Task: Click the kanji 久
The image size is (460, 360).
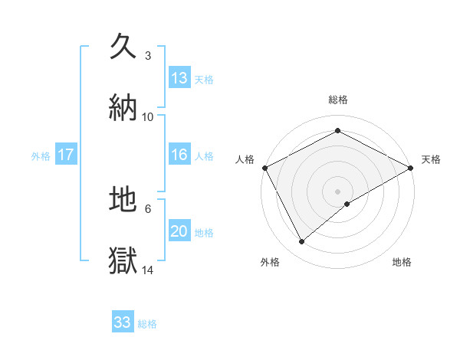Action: click(123, 46)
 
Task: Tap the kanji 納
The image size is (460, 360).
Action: click(123, 106)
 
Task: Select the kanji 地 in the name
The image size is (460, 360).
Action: click(123, 199)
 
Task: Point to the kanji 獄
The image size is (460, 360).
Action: click(123, 260)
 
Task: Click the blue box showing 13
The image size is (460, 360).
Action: click(179, 77)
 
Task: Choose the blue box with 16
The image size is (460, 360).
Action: click(179, 155)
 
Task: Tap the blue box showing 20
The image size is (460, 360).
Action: click(179, 231)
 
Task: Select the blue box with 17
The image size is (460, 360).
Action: click(66, 155)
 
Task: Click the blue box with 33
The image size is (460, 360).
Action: click(123, 322)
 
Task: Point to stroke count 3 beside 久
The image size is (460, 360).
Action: click(148, 56)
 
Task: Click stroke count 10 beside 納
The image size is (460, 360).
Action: click(148, 116)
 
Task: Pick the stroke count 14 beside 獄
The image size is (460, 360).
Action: click(148, 270)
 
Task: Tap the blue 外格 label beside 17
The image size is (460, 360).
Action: click(41, 155)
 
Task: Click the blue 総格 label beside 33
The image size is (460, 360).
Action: click(147, 324)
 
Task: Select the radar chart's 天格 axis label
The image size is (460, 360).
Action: click(431, 159)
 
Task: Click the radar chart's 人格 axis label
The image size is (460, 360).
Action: click(245, 159)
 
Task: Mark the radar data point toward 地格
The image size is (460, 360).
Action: click(347, 204)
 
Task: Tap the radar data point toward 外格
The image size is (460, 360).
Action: click(301, 241)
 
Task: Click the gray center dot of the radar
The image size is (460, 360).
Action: click(337, 191)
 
